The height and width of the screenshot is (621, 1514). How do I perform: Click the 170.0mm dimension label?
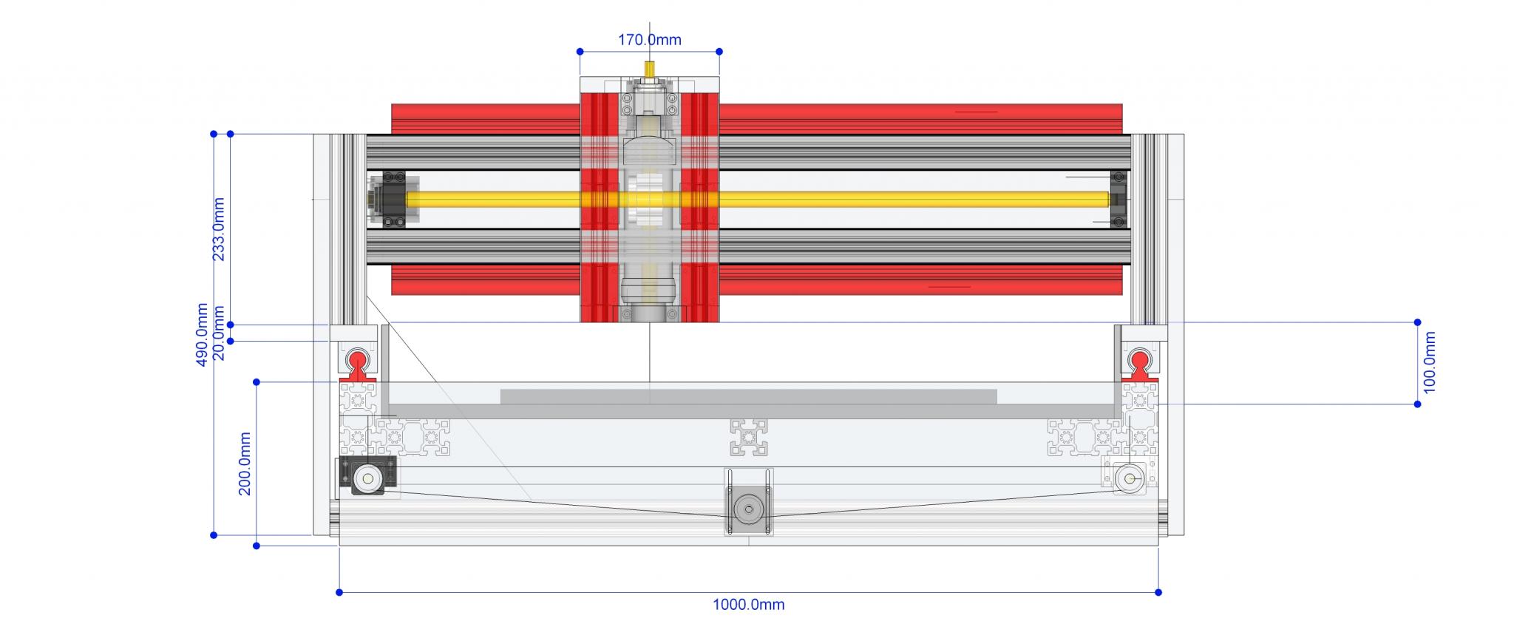click(x=649, y=40)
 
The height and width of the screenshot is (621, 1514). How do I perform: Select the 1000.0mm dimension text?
click(x=748, y=605)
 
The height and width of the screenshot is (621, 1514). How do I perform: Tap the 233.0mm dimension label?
click(x=220, y=229)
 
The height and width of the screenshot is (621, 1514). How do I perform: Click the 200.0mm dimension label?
click(x=245, y=464)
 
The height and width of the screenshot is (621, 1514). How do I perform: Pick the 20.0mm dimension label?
click(x=220, y=332)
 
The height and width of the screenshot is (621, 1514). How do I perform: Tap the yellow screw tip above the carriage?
click(x=649, y=69)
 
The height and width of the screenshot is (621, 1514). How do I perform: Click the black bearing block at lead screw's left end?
click(x=391, y=199)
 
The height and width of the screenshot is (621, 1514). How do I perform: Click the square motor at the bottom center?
click(x=748, y=509)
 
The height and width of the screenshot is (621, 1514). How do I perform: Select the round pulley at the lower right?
click(x=1129, y=478)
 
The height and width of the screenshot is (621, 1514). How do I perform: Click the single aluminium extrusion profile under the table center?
click(x=748, y=436)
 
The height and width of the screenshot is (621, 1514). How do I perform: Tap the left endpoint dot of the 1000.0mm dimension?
click(x=339, y=592)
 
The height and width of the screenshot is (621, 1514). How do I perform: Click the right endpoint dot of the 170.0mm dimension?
click(x=719, y=52)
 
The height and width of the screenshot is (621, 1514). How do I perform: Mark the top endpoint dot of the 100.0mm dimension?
click(x=1417, y=322)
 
